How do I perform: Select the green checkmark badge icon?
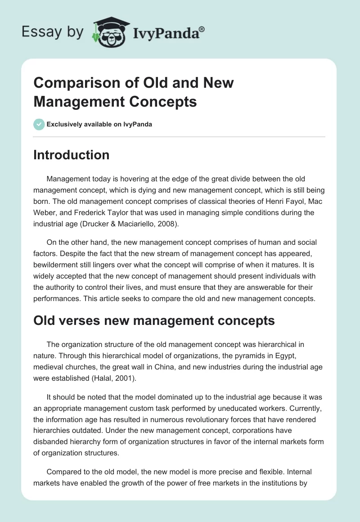pyautogui.click(x=39, y=124)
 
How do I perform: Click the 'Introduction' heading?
pyautogui.click(x=72, y=155)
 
